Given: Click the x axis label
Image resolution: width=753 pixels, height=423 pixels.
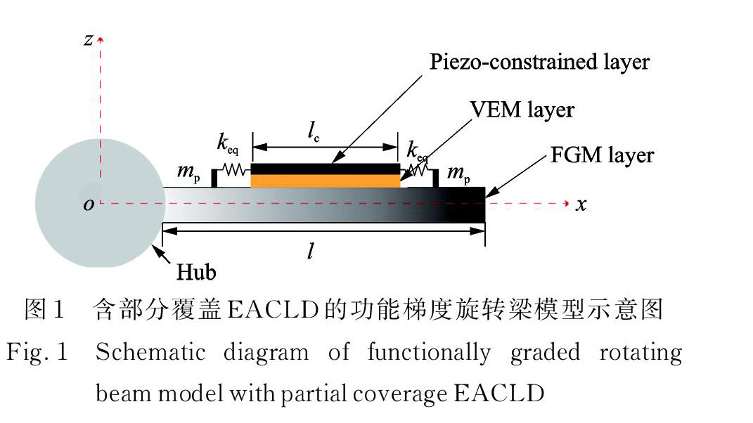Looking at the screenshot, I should pos(581,204).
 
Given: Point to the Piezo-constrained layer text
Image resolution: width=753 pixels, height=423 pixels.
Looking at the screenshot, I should pos(540,62).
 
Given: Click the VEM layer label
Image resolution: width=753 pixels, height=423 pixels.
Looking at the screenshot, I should pos(523,110).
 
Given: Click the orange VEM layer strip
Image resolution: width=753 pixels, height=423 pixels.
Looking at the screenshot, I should pos(325,181).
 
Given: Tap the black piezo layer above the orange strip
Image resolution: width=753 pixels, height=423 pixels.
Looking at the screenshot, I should pos(325,169).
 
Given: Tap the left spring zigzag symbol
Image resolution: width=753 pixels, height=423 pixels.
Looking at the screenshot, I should pos(233,169).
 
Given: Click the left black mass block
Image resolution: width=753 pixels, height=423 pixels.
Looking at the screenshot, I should pos(214,178).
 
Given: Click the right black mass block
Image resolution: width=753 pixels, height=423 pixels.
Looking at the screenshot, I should pos(436,178).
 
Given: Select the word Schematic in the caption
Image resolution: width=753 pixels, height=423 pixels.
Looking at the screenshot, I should pos(150,353).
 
